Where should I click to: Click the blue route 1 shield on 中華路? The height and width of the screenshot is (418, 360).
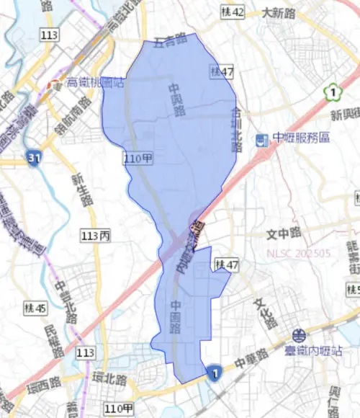[214, 373]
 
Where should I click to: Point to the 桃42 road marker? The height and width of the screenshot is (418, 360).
[233, 12]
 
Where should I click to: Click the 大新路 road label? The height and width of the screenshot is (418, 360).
[279, 13]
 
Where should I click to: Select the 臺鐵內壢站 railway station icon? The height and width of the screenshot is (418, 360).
[298, 335]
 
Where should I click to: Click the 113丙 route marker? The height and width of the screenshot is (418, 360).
[96, 236]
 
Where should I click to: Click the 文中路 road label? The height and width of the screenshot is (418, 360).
[283, 234]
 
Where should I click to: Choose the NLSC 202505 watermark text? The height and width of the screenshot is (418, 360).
[298, 254]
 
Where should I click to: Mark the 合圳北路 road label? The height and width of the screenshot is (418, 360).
[235, 130]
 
